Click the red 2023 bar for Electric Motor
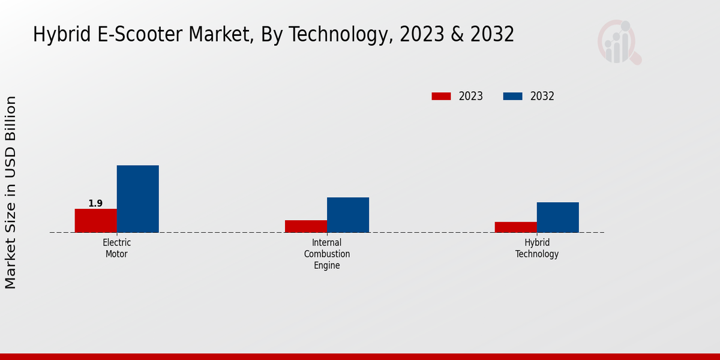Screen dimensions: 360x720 tap(95, 221)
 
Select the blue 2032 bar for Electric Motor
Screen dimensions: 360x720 tap(137, 199)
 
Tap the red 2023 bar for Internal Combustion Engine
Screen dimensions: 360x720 tap(305, 226)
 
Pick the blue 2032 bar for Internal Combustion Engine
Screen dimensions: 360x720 tap(347, 215)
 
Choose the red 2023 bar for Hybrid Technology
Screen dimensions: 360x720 tap(515, 227)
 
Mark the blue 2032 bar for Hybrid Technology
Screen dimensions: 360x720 tap(557, 217)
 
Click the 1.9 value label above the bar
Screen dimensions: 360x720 tap(95, 203)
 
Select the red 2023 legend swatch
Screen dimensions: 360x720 tap(441, 96)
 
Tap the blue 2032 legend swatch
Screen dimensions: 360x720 tap(512, 96)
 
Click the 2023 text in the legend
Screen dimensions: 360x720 tap(470, 96)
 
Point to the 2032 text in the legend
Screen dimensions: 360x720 tap(542, 96)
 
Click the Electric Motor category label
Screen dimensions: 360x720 tap(116, 248)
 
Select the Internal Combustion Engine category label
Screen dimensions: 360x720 tap(326, 254)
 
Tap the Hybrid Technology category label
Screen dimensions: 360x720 tap(536, 248)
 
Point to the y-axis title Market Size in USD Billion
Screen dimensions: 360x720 tap(11, 192)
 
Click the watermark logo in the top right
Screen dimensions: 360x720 tap(619, 42)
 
